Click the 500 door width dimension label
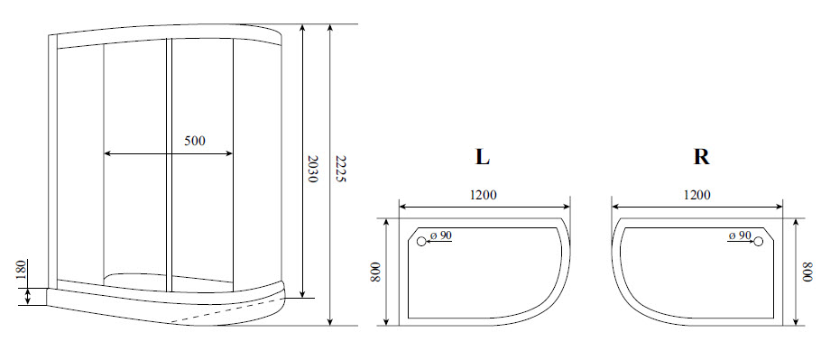click(x=195, y=141)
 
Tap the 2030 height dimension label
click(x=312, y=169)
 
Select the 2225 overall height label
click(x=340, y=169)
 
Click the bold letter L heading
click(x=483, y=157)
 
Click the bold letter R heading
click(x=701, y=157)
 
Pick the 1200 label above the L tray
click(x=484, y=195)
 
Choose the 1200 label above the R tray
click(x=696, y=195)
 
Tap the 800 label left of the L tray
click(x=375, y=272)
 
